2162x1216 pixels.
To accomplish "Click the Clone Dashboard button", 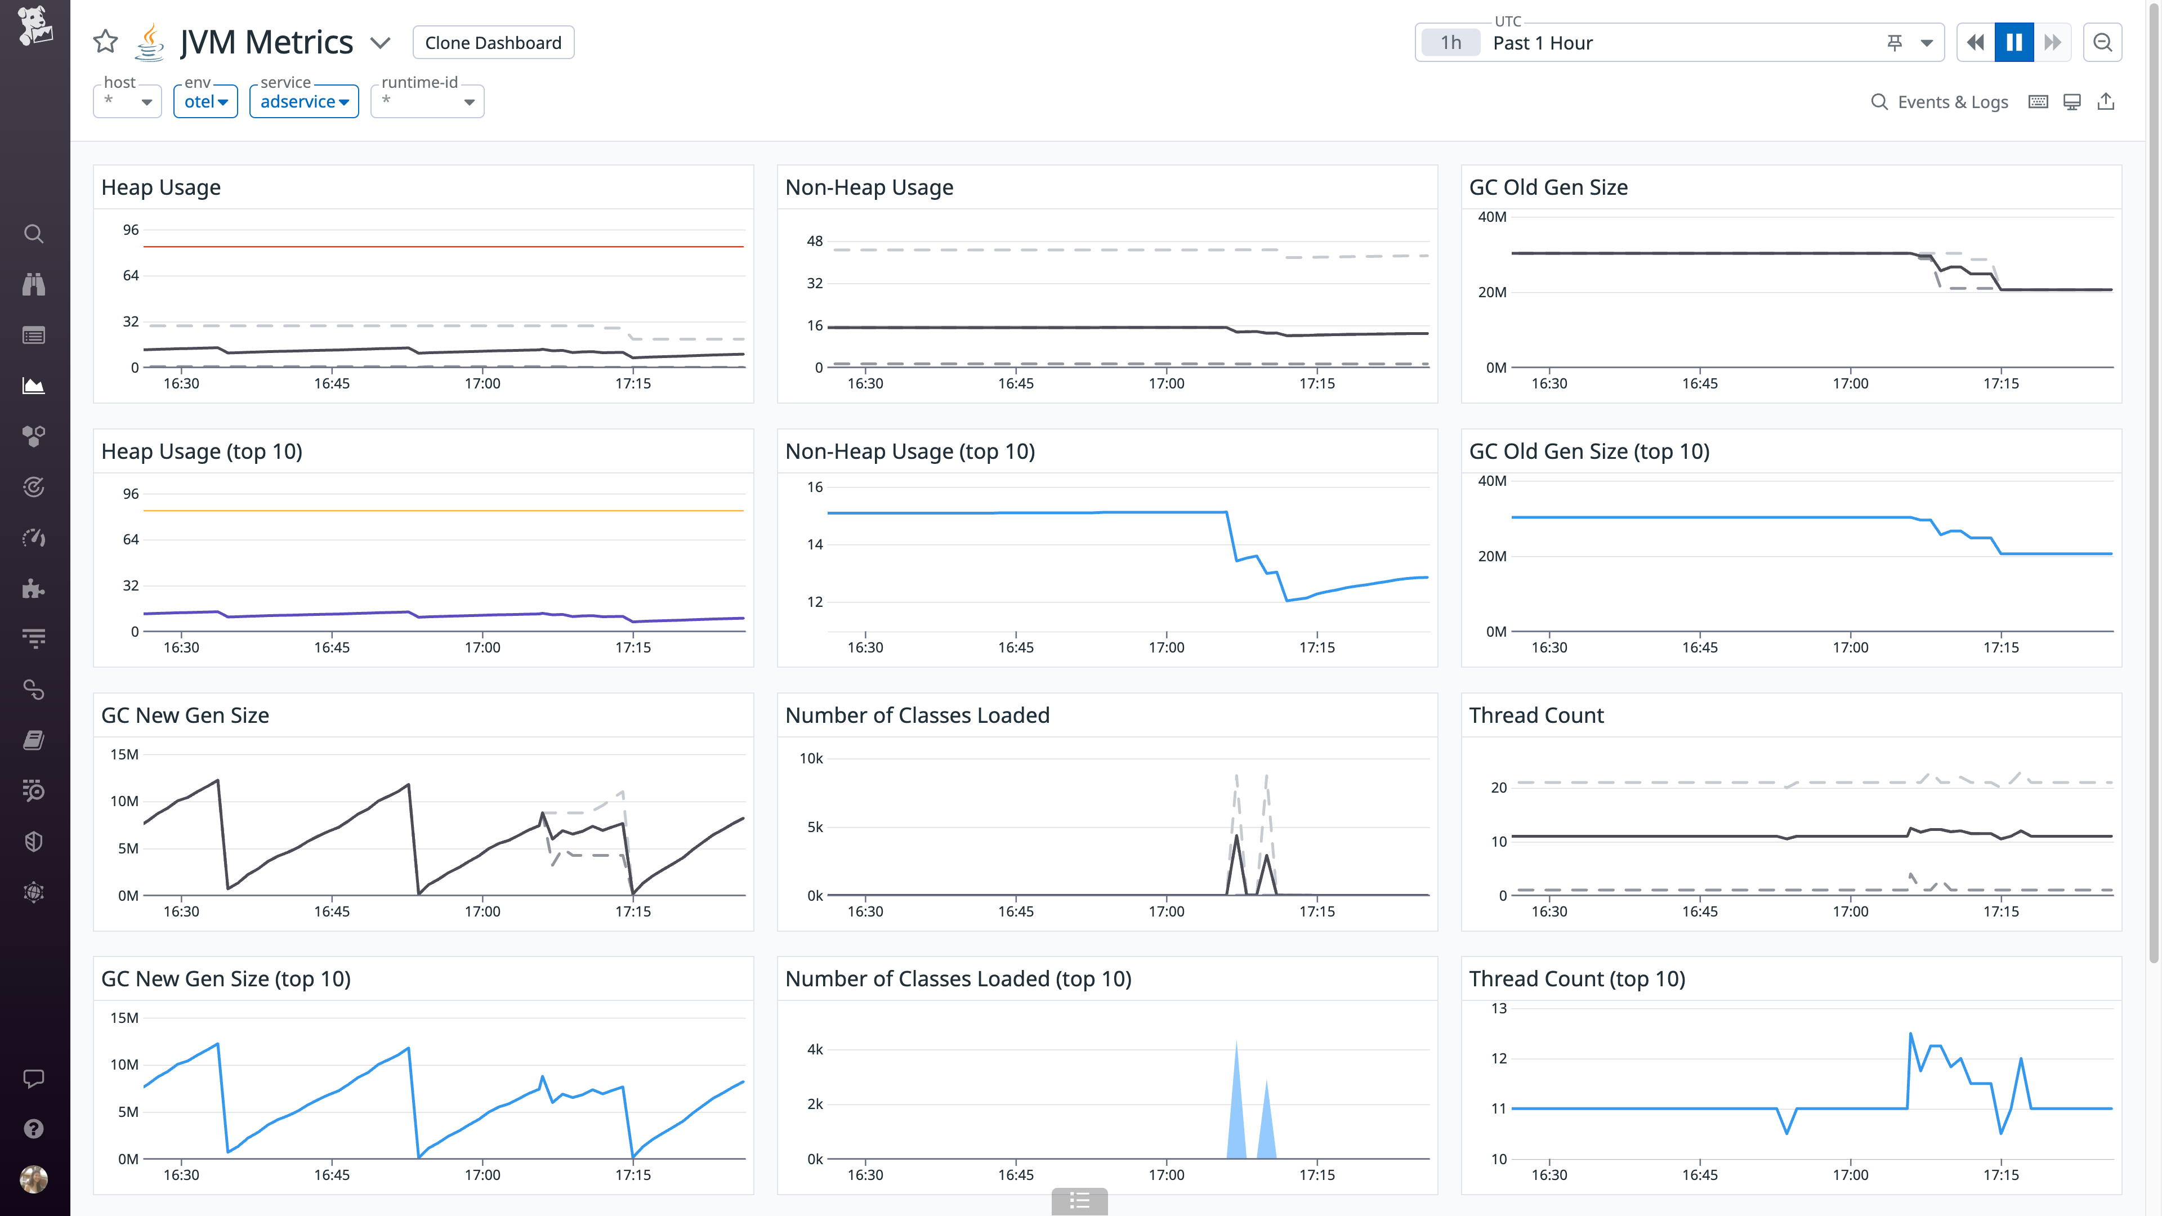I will (493, 43).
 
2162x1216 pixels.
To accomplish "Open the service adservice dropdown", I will (304, 101).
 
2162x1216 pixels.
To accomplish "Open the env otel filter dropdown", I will (206, 101).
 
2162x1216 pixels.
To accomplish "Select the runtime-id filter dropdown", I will (427, 101).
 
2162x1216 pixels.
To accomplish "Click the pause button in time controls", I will (2013, 43).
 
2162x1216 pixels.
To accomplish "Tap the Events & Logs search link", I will (1940, 102).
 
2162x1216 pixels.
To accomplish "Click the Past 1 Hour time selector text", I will (1543, 43).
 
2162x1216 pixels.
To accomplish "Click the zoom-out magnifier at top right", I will (2102, 43).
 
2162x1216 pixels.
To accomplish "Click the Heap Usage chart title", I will (161, 187).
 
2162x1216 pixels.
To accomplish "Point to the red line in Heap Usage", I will (443, 247).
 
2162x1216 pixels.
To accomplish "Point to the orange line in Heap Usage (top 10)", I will (443, 510).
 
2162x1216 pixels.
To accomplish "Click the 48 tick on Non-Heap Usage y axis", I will (814, 241).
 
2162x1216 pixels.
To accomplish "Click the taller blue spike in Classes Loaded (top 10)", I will (1236, 1108).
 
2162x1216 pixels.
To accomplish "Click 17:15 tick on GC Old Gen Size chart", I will (2001, 383).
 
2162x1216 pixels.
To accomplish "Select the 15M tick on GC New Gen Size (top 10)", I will (124, 1018).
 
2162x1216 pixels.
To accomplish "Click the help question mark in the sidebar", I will (34, 1129).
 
